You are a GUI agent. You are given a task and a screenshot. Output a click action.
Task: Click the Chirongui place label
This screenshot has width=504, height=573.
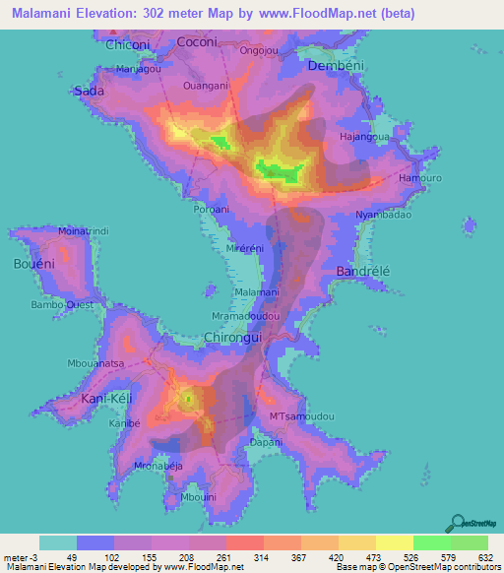click(x=232, y=337)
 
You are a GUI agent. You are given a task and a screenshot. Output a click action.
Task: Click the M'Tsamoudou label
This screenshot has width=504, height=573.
click(x=301, y=417)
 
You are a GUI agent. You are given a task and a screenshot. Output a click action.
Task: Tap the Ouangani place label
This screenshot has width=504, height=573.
click(x=206, y=86)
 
